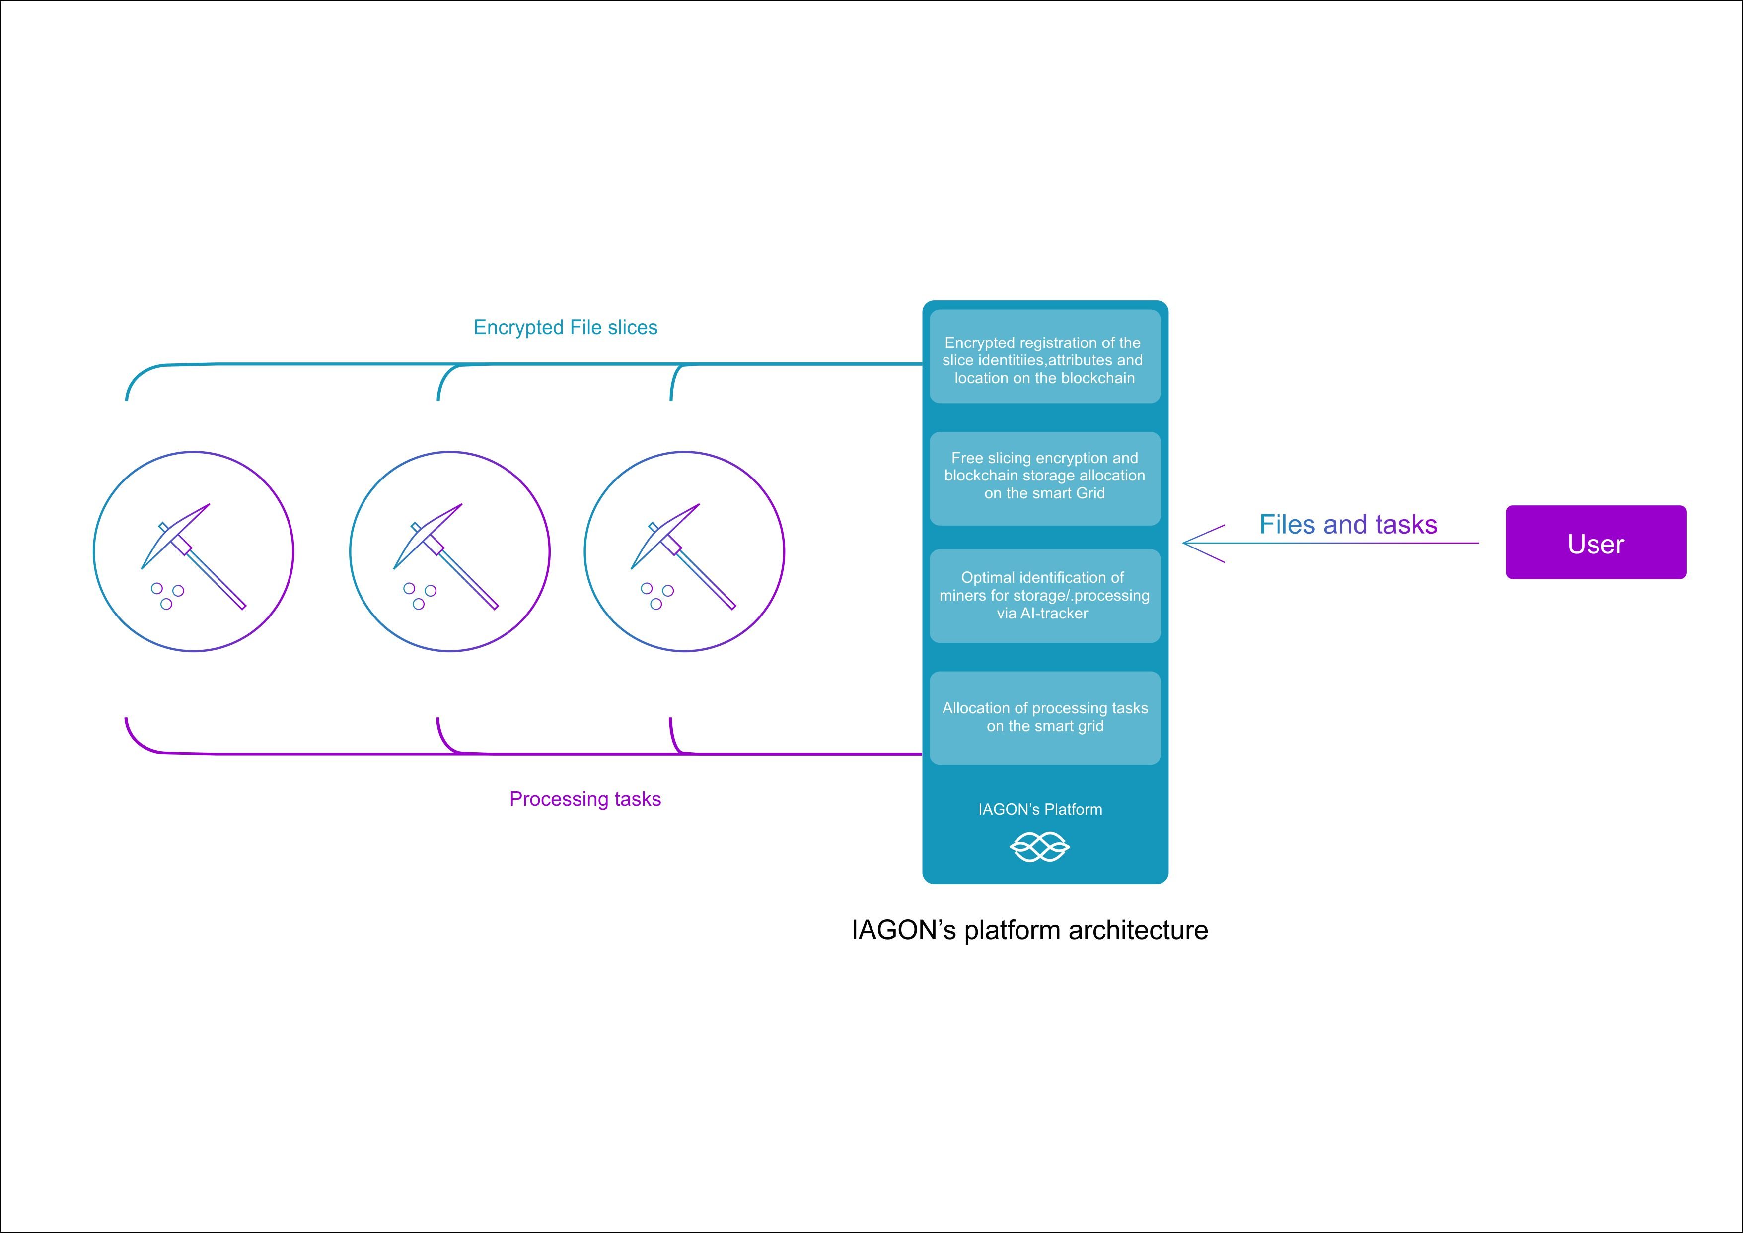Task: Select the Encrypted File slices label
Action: pyautogui.click(x=565, y=327)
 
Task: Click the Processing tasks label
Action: pyautogui.click(x=585, y=799)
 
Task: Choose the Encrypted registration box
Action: pyautogui.click(x=1044, y=356)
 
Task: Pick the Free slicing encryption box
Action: pyautogui.click(x=1044, y=479)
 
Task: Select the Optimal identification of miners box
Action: pyautogui.click(x=1044, y=596)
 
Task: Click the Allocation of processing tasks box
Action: pyautogui.click(x=1044, y=717)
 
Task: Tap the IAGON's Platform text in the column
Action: pyautogui.click(x=1040, y=810)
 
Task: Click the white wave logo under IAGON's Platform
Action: pyautogui.click(x=1040, y=846)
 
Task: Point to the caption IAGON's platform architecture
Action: pyautogui.click(x=1029, y=930)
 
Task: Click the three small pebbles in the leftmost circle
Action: pyautogui.click(x=167, y=595)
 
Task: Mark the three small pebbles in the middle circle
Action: pyautogui.click(x=419, y=595)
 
